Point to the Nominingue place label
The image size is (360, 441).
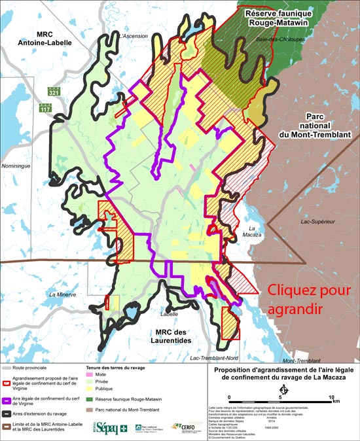pyautogui.click(x=18, y=166)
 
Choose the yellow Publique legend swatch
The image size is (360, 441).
pyautogui.click(x=90, y=389)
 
